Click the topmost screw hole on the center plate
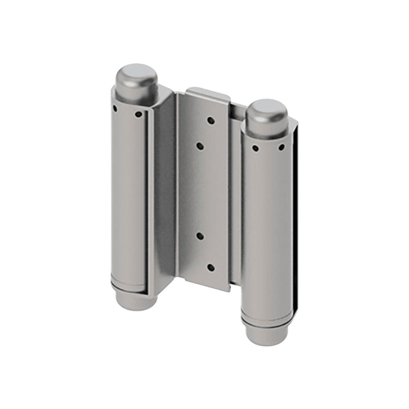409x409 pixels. [211, 121]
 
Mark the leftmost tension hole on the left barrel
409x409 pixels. [115, 109]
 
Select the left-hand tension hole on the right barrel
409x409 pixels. [255, 148]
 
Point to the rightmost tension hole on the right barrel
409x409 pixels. [281, 147]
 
